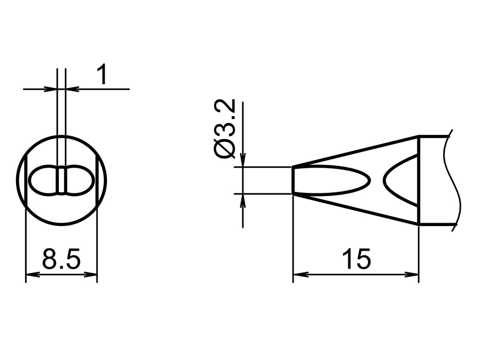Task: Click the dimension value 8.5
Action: [x=61, y=259]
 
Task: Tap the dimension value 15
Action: [x=356, y=259]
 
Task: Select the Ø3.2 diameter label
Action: [x=225, y=129]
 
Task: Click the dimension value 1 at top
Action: [x=102, y=76]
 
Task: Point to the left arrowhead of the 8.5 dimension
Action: [x=30, y=275]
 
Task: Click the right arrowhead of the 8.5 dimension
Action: [x=92, y=275]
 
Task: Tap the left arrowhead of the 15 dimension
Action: [x=298, y=275]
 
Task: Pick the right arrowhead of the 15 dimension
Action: [x=414, y=275]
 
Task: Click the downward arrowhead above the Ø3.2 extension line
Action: [x=243, y=161]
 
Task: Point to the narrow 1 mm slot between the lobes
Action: [x=62, y=180]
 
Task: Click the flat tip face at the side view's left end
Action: [x=293, y=180]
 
